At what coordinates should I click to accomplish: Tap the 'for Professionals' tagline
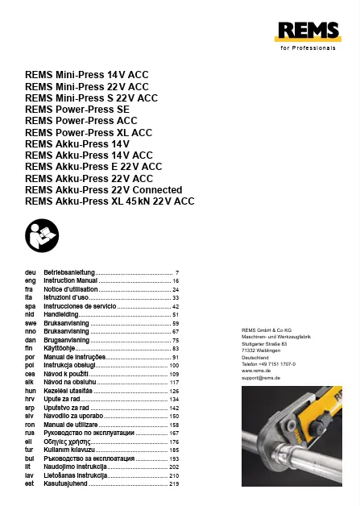pos(305,48)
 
